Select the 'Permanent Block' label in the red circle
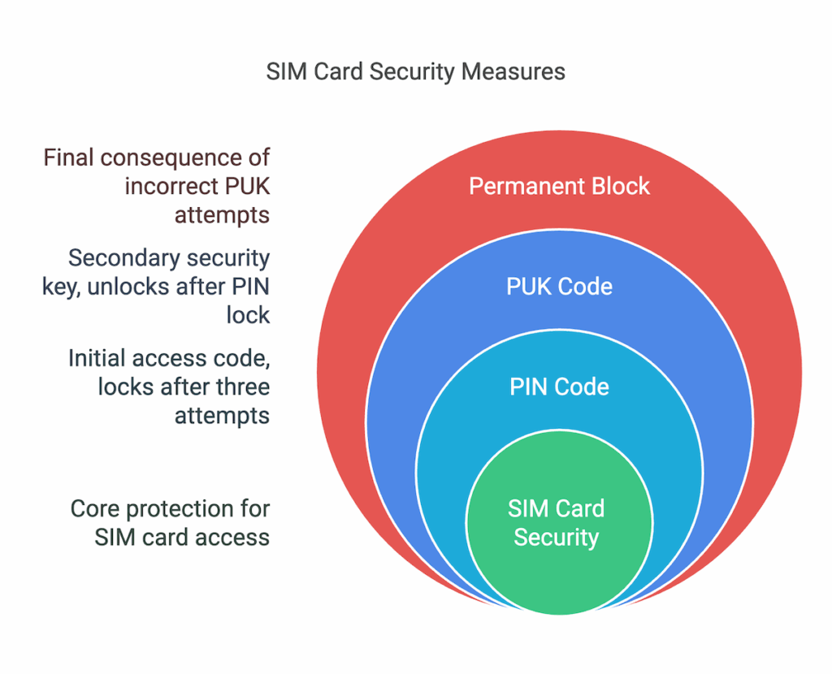559,186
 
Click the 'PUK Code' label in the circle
559,287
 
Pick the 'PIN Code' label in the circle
559,387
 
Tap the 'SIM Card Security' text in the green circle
557,523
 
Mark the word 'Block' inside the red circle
620,186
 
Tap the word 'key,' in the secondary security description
60,287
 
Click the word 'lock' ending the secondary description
248,315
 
